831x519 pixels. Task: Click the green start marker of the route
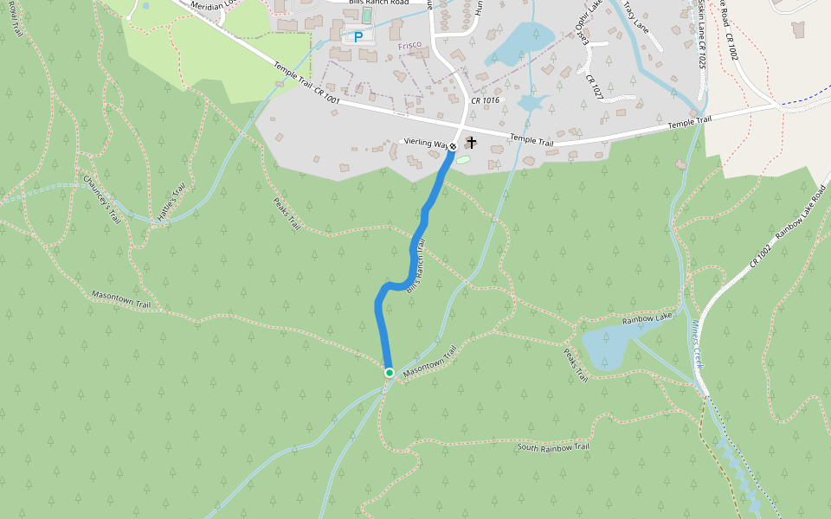pos(390,373)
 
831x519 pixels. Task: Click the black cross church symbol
pos(472,141)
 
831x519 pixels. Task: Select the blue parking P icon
pos(358,37)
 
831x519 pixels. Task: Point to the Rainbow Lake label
pos(647,320)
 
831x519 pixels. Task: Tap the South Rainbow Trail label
pos(553,446)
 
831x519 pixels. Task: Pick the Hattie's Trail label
pos(171,206)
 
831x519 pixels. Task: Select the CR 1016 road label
pos(485,100)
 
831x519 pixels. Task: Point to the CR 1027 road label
pos(593,86)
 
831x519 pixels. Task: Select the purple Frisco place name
pos(409,45)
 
